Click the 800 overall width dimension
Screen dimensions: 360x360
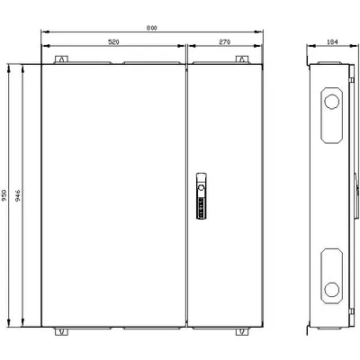point(152,28)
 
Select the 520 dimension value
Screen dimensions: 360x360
point(113,42)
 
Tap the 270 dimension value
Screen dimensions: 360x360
point(225,42)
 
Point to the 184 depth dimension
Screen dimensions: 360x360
point(332,42)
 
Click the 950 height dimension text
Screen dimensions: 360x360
point(4,195)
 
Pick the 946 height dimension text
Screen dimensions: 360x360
point(18,195)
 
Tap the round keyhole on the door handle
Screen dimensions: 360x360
point(202,188)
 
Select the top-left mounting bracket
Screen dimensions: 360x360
point(61,59)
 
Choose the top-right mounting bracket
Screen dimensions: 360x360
point(242,59)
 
